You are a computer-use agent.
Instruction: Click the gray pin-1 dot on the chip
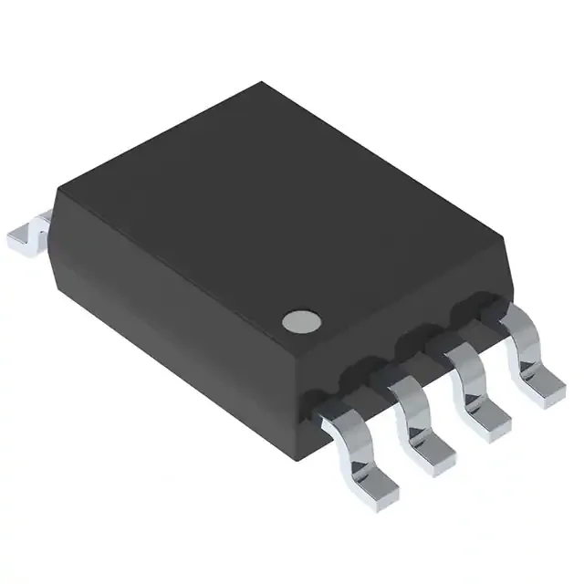tap(302, 320)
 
